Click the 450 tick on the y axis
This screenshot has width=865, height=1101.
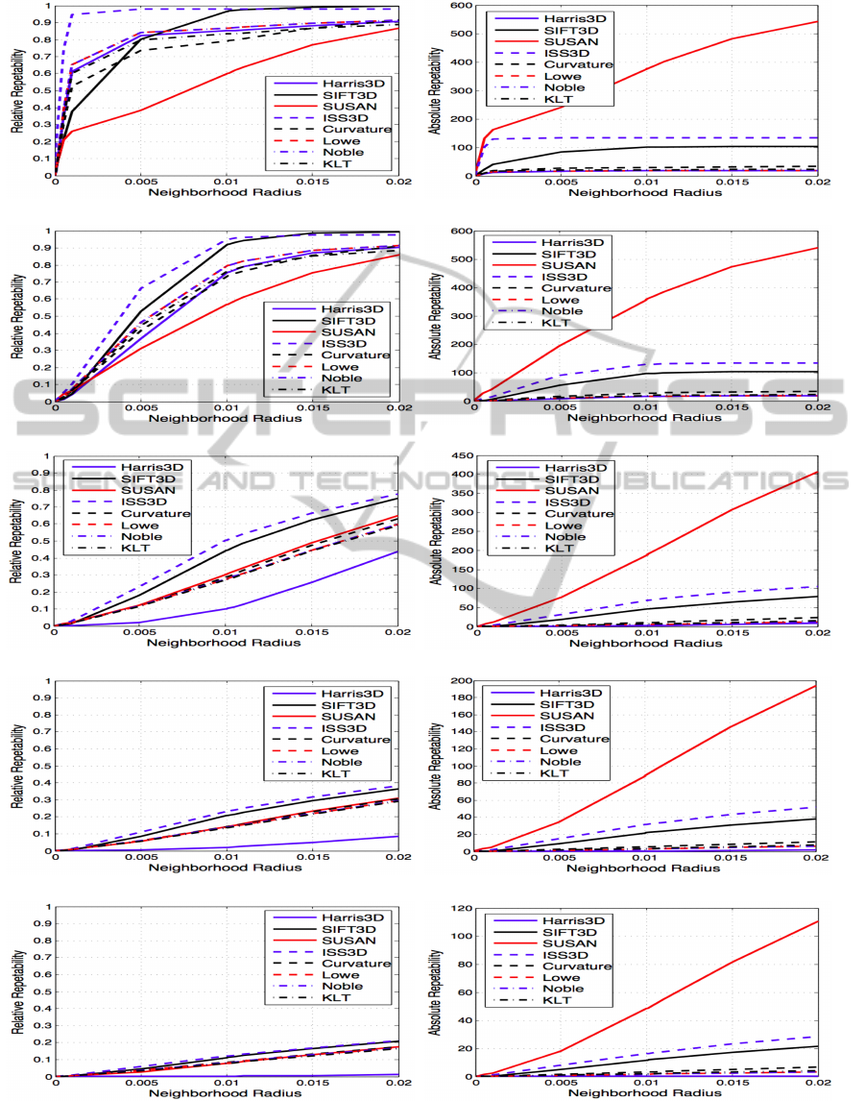tap(462, 456)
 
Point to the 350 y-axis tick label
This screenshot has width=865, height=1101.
tap(462, 494)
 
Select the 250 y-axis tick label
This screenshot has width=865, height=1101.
tap(462, 531)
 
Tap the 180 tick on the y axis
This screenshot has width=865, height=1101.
tap(462, 698)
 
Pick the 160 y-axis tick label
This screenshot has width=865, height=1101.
tap(462, 716)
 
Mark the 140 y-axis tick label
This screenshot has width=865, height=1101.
tap(462, 733)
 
